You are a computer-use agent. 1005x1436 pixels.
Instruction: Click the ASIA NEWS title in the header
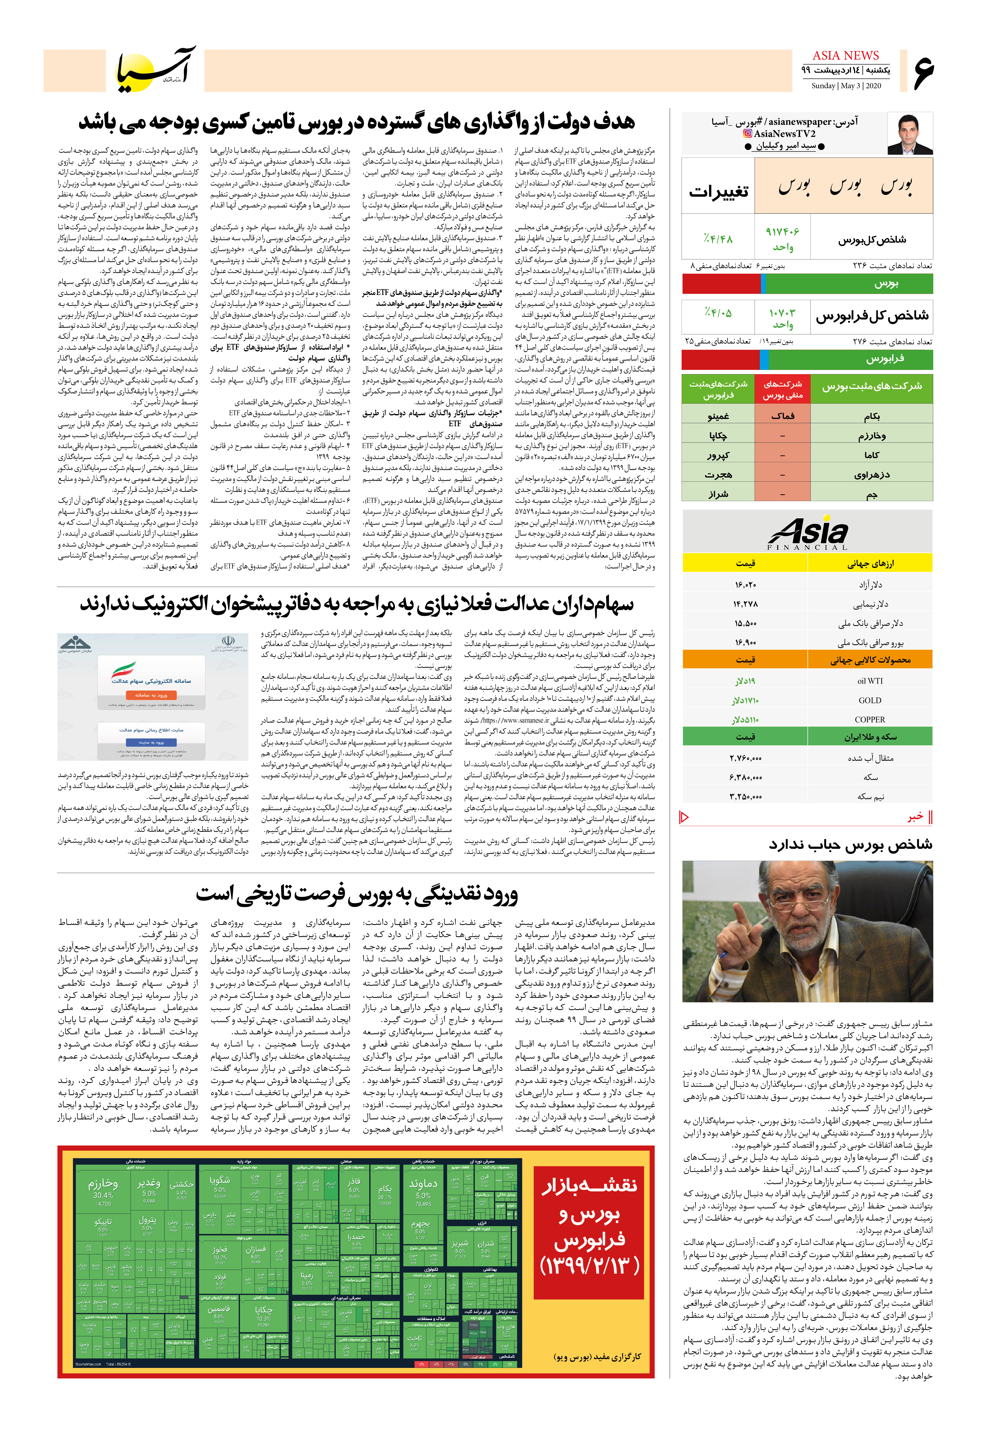click(846, 56)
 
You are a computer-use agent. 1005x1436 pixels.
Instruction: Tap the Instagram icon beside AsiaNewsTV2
click(747, 133)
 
